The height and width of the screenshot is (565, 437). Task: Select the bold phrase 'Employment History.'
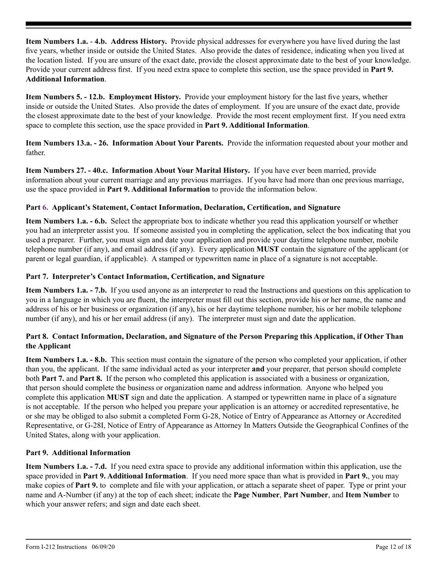(x=144, y=97)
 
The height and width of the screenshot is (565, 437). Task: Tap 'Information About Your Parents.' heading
(x=168, y=143)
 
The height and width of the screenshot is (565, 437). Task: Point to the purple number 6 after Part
(x=45, y=207)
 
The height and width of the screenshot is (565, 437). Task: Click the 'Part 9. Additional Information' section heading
(x=78, y=452)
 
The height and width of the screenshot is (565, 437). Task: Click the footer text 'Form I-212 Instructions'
(x=56, y=547)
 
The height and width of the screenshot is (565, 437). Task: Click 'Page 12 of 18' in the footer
(x=393, y=547)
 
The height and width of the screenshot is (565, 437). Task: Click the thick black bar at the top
(x=218, y=24)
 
